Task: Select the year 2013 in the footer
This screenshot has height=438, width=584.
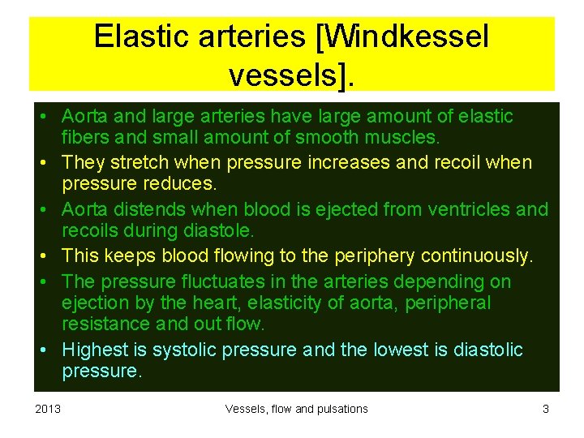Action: pos(47,409)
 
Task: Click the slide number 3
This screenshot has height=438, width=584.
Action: pos(546,409)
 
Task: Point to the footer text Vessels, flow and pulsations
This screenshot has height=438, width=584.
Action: pos(296,409)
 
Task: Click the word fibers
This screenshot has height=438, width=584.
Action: pos(84,138)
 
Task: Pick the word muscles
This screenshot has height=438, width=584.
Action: pos(401,138)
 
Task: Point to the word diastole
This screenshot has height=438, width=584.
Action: pos(217,230)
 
